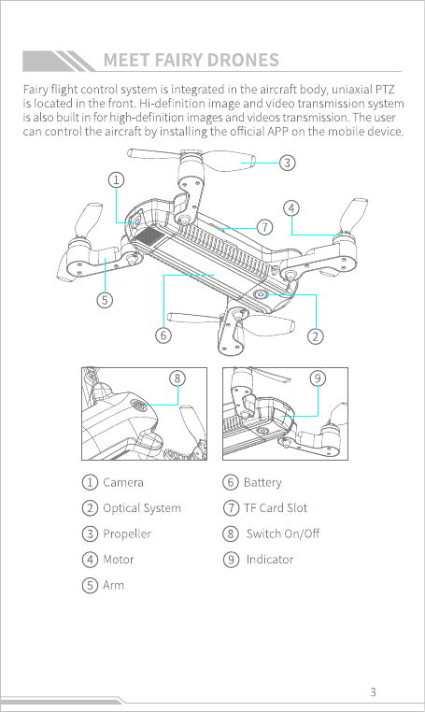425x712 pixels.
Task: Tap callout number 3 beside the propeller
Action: (x=287, y=163)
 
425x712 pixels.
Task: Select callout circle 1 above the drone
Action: (x=116, y=180)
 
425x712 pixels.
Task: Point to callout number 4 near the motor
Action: (x=291, y=208)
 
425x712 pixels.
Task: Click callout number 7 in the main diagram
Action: (x=264, y=227)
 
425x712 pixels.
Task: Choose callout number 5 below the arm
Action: (x=105, y=300)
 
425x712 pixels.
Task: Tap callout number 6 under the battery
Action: (x=163, y=335)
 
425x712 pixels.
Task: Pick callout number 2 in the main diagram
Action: (x=316, y=336)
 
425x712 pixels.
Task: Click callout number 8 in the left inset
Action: (x=177, y=378)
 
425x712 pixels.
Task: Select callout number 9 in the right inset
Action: (x=318, y=378)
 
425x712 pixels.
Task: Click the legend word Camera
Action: (x=123, y=482)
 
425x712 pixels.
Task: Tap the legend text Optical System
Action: (x=142, y=508)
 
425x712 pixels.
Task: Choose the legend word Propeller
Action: (x=127, y=534)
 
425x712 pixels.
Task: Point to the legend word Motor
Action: (x=119, y=560)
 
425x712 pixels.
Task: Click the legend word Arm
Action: (x=114, y=585)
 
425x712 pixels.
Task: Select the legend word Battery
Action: (x=262, y=483)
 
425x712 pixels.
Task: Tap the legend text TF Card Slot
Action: (x=276, y=507)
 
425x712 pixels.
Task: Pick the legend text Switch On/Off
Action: (x=283, y=534)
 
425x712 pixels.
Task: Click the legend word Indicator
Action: (x=270, y=560)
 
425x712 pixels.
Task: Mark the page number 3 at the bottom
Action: (x=373, y=692)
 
